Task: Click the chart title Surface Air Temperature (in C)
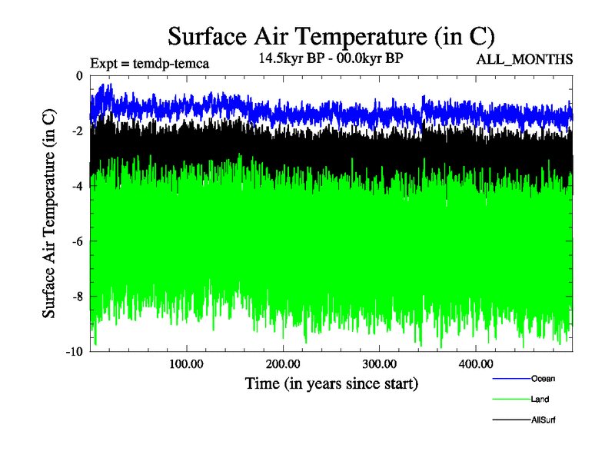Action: coord(331,36)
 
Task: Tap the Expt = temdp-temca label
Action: coord(150,63)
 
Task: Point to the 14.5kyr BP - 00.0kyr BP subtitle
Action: coord(331,58)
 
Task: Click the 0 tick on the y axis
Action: coord(78,75)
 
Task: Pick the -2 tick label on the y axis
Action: coord(76,131)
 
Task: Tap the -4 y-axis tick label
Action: coord(76,186)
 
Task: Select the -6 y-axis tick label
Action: coord(76,241)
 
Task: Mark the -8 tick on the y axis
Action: coord(76,297)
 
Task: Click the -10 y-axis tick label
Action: coord(73,352)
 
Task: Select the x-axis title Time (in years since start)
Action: coord(331,383)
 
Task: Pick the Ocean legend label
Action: coord(542,379)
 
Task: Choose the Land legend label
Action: coord(540,400)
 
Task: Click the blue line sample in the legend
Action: coord(510,379)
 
